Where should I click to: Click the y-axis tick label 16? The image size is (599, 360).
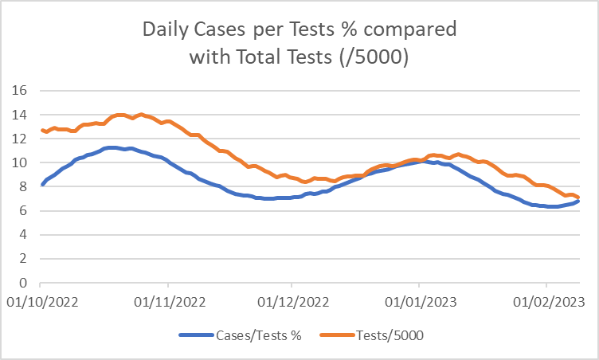point(21,91)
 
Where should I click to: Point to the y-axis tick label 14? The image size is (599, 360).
point(21,115)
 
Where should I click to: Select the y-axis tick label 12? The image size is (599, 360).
point(21,139)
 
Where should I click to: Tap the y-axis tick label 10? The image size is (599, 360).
point(21,162)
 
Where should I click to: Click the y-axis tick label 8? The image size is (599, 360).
point(24,186)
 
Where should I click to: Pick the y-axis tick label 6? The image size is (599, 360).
point(24,210)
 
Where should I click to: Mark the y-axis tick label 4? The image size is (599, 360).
point(24,234)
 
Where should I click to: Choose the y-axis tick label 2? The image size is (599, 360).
point(24,259)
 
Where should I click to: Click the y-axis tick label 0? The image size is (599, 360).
point(24,283)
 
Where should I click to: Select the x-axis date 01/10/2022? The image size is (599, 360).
point(42,303)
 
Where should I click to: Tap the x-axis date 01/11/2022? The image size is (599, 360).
point(168,303)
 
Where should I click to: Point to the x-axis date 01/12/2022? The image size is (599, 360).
point(292,303)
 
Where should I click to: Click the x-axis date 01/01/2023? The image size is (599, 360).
point(419,303)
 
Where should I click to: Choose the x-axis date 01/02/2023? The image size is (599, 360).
point(546,303)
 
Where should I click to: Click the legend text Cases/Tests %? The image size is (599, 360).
point(259,336)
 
